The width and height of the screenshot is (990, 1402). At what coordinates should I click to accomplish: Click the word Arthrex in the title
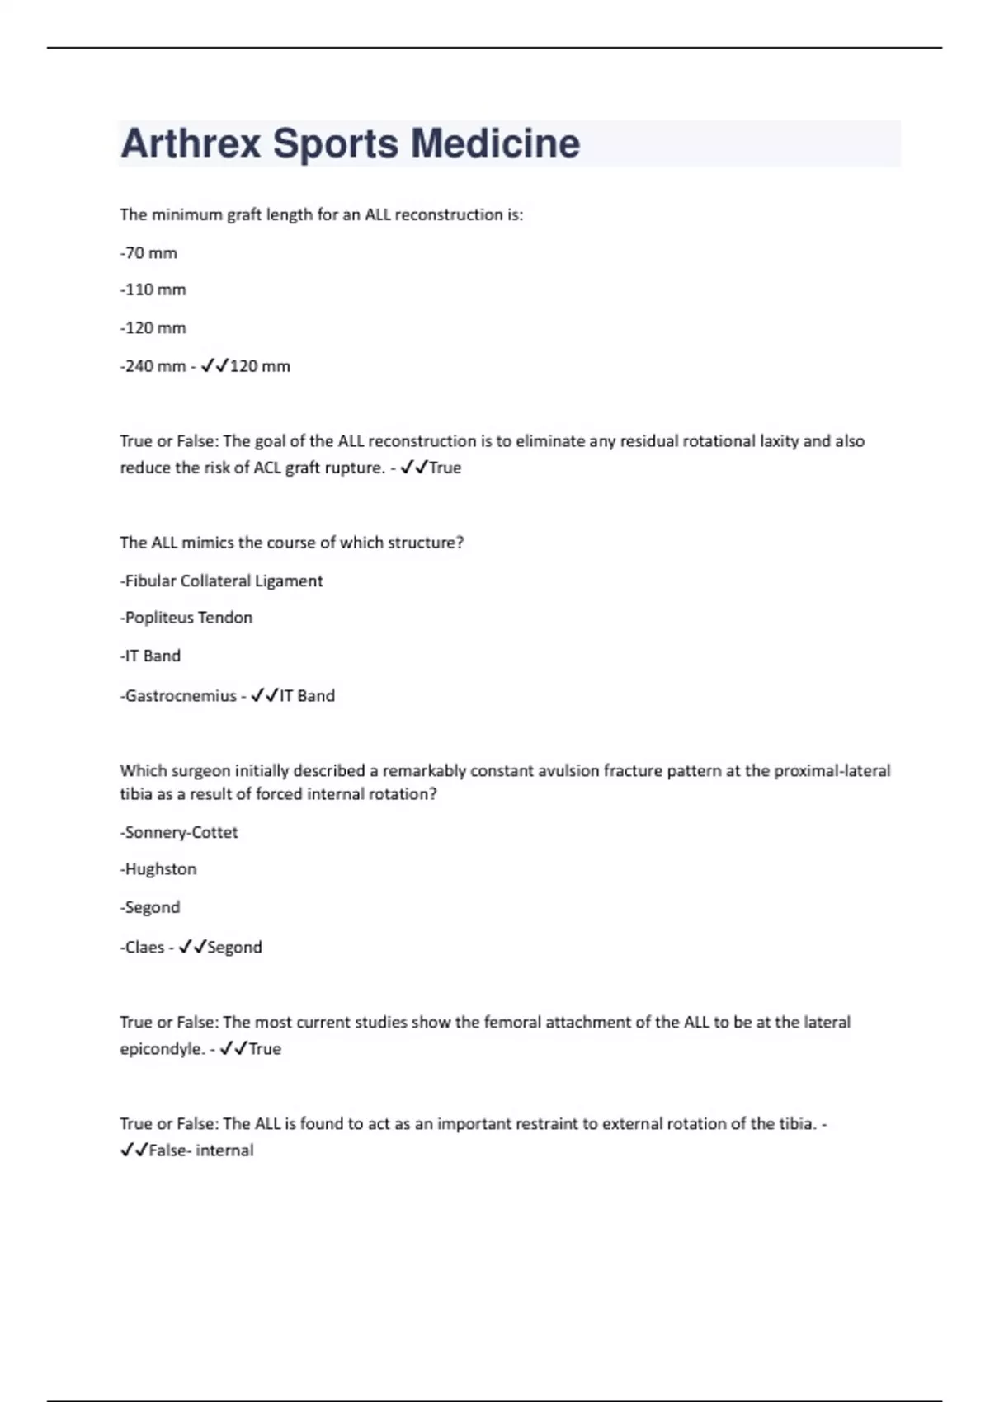[x=191, y=143]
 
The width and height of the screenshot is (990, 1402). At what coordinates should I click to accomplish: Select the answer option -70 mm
[x=148, y=253]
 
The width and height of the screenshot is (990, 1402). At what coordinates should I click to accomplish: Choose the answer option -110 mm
[x=153, y=289]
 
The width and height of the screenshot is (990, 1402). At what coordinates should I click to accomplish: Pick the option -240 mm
[x=153, y=366]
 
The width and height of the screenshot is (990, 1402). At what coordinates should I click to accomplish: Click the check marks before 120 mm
[x=214, y=365]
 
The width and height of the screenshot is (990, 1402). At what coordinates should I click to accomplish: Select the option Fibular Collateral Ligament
[x=221, y=581]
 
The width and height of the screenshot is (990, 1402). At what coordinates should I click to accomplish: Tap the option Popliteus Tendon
[x=186, y=618]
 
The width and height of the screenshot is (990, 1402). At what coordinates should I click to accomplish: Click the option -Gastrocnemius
[x=178, y=696]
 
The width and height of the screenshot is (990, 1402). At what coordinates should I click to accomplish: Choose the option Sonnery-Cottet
[x=179, y=832]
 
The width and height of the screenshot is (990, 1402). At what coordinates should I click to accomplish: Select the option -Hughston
[x=158, y=869]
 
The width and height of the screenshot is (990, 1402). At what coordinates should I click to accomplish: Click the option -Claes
[x=142, y=948]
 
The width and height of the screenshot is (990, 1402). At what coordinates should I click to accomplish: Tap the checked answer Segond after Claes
[x=234, y=948]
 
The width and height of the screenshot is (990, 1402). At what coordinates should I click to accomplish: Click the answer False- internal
[x=201, y=1150]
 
